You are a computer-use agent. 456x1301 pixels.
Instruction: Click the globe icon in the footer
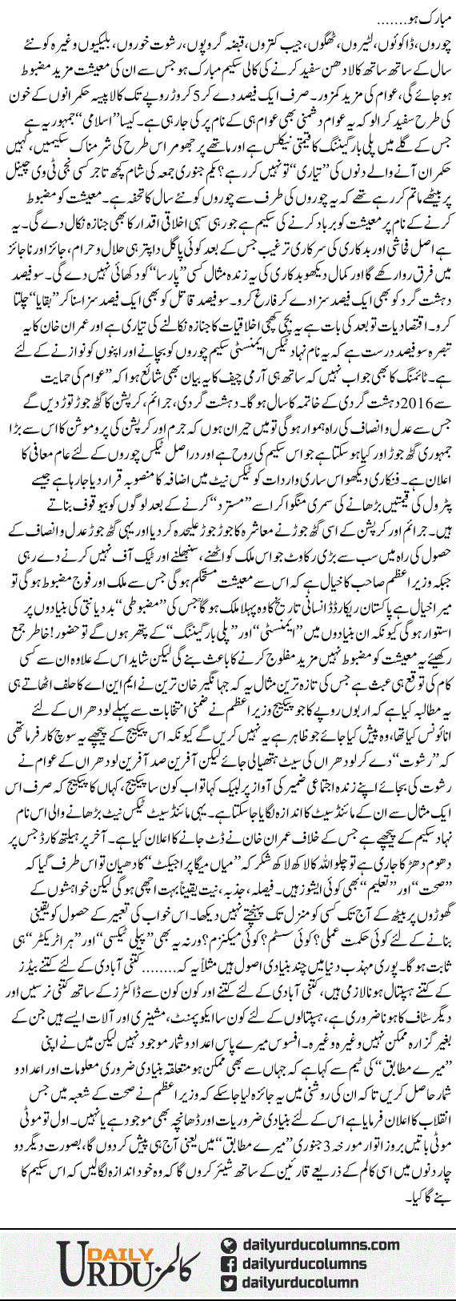tap(230, 1244)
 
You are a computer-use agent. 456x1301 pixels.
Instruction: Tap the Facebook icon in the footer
tap(230, 1263)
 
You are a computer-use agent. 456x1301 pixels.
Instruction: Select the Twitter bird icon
tap(230, 1282)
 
